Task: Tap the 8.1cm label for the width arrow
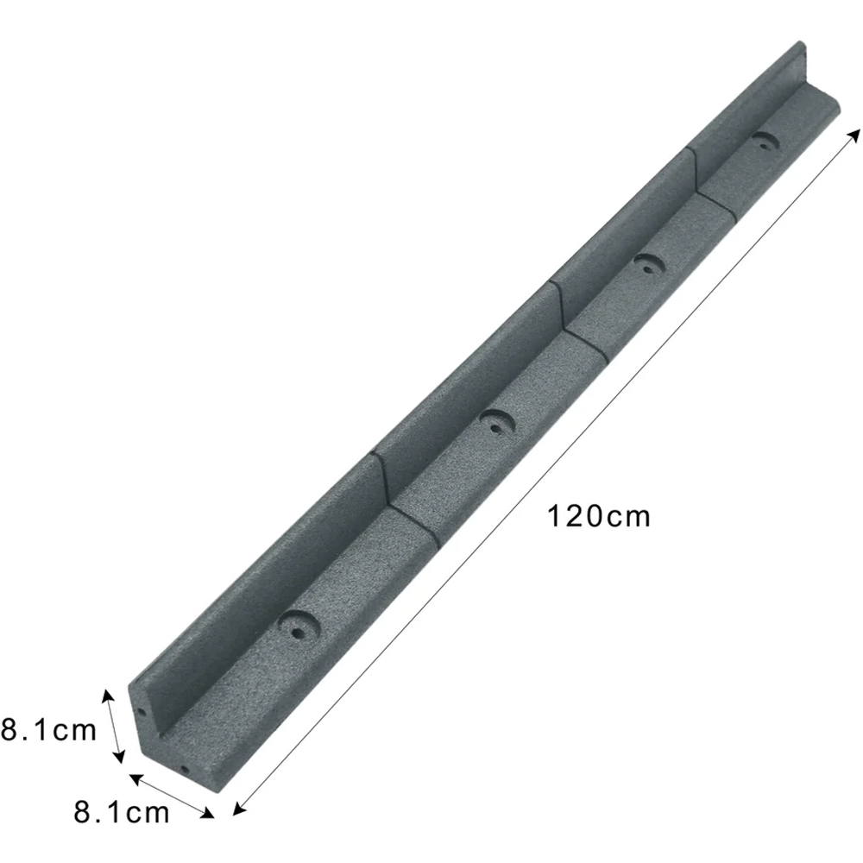pyautogui.click(x=122, y=811)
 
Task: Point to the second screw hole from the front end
pyautogui.click(x=494, y=423)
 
